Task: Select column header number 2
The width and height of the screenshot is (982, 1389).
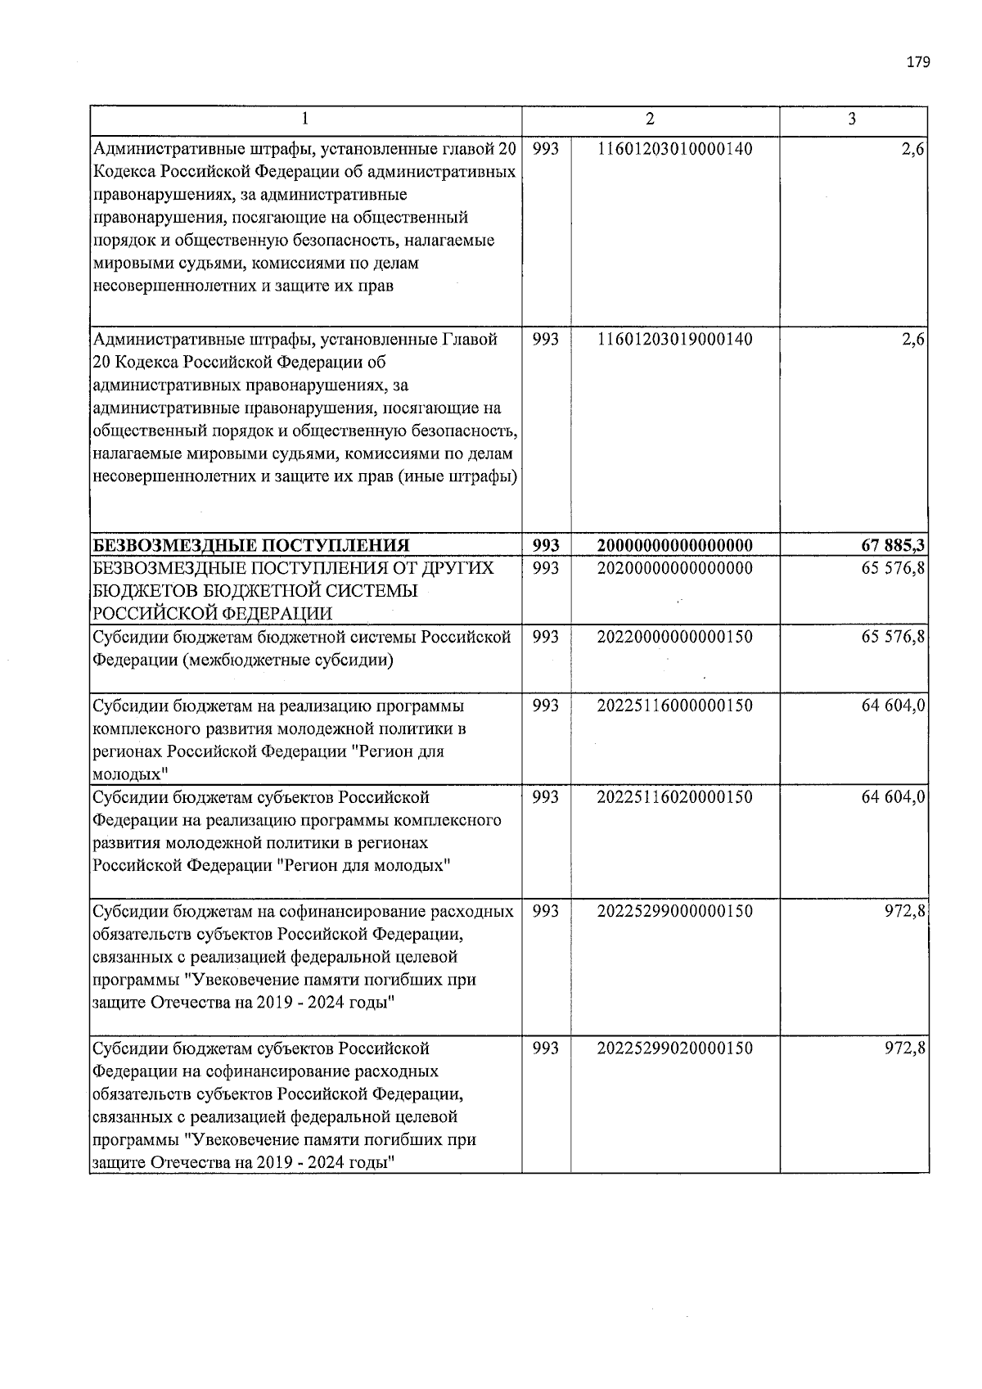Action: click(650, 120)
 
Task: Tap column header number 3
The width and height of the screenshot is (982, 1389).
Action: click(852, 120)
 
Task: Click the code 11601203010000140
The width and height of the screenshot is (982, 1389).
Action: click(675, 149)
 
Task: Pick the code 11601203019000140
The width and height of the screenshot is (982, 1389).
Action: click(675, 339)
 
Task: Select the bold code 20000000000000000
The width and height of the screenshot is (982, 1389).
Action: click(675, 545)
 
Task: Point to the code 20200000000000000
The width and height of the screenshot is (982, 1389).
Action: click(675, 567)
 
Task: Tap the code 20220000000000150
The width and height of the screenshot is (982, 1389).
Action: click(675, 637)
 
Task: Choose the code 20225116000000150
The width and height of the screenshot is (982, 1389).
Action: click(675, 706)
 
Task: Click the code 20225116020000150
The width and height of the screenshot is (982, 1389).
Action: click(675, 797)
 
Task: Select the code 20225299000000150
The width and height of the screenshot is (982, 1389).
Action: click(675, 911)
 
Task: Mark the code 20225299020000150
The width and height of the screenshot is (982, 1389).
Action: click(675, 1049)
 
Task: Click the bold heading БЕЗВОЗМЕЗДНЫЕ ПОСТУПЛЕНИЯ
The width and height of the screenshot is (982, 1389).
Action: click(250, 545)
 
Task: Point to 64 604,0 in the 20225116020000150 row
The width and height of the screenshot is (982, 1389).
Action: click(893, 797)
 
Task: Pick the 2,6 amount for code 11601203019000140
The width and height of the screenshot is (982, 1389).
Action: click(913, 339)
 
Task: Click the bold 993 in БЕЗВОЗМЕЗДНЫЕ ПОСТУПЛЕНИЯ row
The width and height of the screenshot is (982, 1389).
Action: click(546, 545)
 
